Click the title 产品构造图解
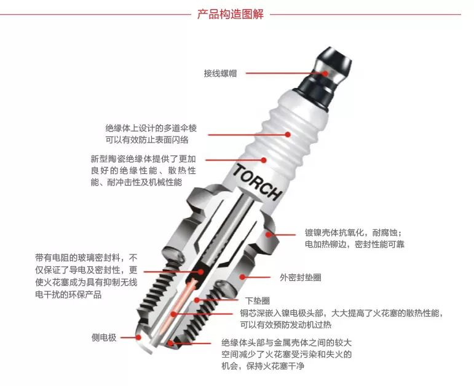click(x=231, y=14)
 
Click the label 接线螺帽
click(x=220, y=74)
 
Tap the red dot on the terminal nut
click(x=325, y=73)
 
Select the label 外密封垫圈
click(x=301, y=277)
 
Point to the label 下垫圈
click(x=257, y=301)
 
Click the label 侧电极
click(x=104, y=337)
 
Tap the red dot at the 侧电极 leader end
click(x=138, y=337)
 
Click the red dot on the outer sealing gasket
click(x=242, y=277)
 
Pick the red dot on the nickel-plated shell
click(x=269, y=234)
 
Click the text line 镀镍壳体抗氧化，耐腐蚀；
click(x=354, y=232)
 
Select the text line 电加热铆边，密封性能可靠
click(x=355, y=244)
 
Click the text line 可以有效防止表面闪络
click(x=147, y=140)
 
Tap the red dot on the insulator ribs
click(x=288, y=134)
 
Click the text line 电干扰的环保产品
click(x=68, y=294)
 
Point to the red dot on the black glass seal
click(x=201, y=272)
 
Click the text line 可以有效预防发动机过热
click(x=286, y=325)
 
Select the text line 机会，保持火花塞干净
click(x=263, y=366)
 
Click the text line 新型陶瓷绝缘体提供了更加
click(x=143, y=159)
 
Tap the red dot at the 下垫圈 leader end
click(x=197, y=300)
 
